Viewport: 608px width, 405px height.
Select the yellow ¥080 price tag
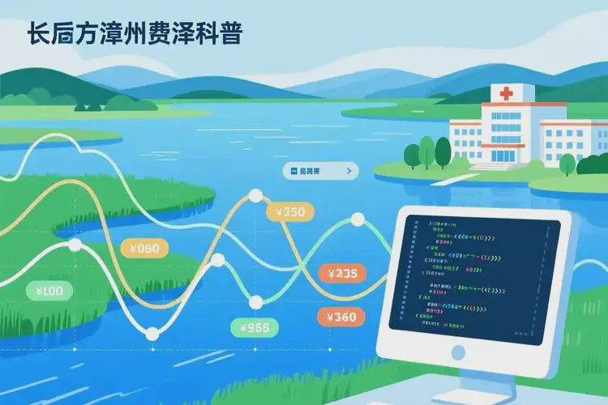pyautogui.click(x=144, y=249)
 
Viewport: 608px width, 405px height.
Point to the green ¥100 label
pyautogui.click(x=49, y=290)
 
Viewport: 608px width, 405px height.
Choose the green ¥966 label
pyautogui.click(x=255, y=327)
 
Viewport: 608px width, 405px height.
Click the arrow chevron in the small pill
pyautogui.click(x=349, y=171)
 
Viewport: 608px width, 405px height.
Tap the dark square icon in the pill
pyautogui.click(x=292, y=171)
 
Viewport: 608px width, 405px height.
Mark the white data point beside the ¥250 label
pyautogui.click(x=255, y=195)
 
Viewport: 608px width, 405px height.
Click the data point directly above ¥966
pyautogui.click(x=256, y=302)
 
